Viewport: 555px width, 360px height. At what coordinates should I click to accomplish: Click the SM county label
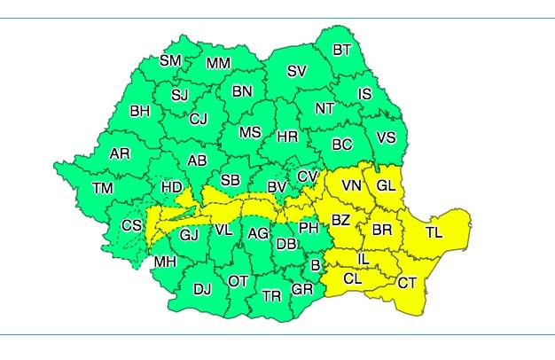coord(170,60)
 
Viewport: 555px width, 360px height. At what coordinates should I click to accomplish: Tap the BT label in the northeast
coord(342,51)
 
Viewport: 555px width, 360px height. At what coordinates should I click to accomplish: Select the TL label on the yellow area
coord(434,232)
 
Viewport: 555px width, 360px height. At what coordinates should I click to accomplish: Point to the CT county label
coord(407,283)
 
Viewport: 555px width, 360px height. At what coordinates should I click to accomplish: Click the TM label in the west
coord(103,188)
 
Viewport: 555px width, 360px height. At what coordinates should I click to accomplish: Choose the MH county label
coord(165,262)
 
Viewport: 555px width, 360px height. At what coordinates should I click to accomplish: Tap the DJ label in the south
coord(202,288)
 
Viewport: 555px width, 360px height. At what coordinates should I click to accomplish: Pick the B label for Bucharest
coord(315,263)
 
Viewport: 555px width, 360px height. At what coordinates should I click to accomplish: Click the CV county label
coord(308,176)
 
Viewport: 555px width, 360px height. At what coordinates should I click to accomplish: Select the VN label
coord(352,185)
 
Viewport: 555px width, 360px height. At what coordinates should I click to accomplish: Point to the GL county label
coord(387,185)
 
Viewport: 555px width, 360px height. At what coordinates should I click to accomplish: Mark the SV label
coord(297,71)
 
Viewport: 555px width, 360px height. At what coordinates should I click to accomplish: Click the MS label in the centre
coord(251,132)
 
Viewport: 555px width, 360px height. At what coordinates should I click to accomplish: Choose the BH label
coord(140,112)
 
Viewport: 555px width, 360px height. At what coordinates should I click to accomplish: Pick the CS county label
coord(131,225)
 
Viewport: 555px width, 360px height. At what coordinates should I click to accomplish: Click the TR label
coord(271,294)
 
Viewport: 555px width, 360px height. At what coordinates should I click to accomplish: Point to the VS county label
coord(387,137)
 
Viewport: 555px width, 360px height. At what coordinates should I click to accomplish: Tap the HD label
coord(172,187)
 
